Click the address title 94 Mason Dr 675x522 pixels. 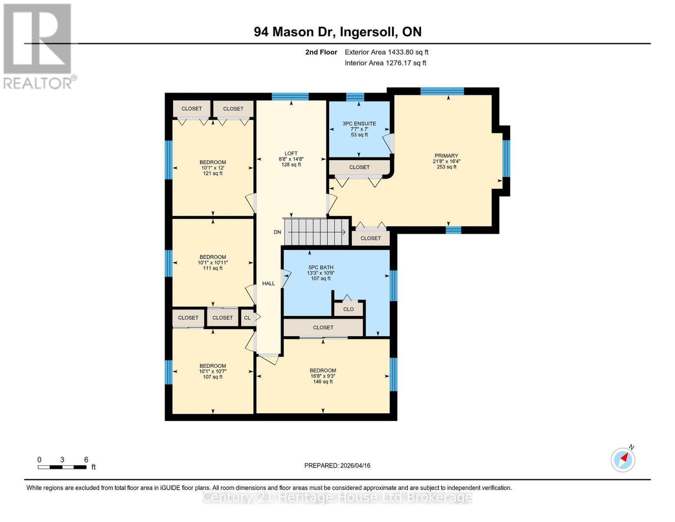[x=338, y=32]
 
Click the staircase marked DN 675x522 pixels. [x=316, y=232]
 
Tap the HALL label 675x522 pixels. [x=269, y=283]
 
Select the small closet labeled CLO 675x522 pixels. [x=349, y=309]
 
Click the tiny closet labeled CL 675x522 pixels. [x=247, y=318]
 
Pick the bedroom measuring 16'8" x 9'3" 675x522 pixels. [x=323, y=376]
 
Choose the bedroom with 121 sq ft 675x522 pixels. [x=213, y=167]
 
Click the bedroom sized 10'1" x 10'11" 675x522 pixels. [x=213, y=262]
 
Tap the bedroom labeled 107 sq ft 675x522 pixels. [x=213, y=371]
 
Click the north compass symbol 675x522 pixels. [x=623, y=459]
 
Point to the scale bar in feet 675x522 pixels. [x=62, y=467]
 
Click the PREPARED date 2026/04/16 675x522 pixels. [x=337, y=465]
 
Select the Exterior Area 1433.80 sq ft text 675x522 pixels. [x=386, y=52]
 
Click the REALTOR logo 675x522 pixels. [x=38, y=46]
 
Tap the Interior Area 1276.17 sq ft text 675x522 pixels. [x=386, y=63]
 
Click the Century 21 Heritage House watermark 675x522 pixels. [x=337, y=497]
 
